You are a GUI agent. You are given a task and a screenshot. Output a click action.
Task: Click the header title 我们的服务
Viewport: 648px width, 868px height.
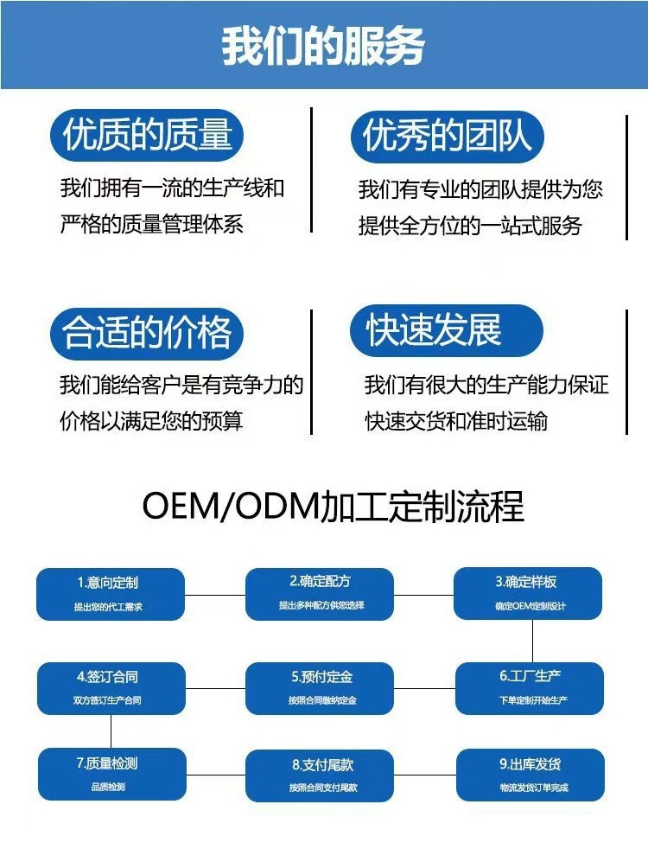323,45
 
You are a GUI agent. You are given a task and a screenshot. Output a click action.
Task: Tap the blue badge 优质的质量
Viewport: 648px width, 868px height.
147,136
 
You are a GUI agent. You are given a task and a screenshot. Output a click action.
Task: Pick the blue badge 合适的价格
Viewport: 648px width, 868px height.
147,333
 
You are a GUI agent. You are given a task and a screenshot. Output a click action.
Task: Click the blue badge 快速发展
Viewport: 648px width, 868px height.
446,329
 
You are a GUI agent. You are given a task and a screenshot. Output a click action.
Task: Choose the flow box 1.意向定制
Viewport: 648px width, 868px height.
111,594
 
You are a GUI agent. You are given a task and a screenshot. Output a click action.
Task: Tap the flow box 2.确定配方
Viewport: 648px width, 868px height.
320,593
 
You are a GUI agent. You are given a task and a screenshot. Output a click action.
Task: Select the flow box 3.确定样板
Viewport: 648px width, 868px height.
528,593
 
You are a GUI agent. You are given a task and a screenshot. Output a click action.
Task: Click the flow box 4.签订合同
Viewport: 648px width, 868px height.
111,688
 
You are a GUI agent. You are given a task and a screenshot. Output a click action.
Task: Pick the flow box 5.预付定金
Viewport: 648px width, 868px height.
320,688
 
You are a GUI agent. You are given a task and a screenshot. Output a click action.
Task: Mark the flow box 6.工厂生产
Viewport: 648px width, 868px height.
528,688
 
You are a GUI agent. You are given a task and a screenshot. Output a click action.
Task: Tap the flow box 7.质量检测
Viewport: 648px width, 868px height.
111,775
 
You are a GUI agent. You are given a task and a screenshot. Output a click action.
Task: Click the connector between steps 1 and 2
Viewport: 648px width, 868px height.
215,594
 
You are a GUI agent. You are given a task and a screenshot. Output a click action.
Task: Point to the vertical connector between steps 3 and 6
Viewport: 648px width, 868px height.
532,641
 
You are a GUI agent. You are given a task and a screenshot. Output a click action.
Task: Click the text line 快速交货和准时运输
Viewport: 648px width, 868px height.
456,422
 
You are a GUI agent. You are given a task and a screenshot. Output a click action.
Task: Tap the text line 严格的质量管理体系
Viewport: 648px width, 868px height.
152,225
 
